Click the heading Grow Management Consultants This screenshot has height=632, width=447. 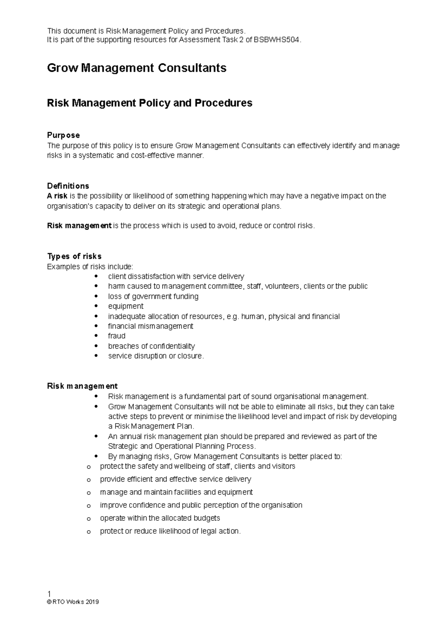click(x=137, y=68)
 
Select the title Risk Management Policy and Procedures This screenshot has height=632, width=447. click(x=149, y=103)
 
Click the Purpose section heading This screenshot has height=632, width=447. click(x=63, y=135)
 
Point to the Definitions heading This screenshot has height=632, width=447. click(x=68, y=186)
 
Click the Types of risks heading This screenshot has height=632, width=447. click(x=74, y=256)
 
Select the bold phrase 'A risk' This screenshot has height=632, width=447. click(x=57, y=196)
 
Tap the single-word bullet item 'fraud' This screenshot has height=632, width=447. click(x=117, y=336)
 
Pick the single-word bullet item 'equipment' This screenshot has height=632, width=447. click(x=126, y=306)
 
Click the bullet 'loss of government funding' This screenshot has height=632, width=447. click(x=153, y=297)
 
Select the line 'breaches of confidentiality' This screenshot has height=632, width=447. click(x=151, y=346)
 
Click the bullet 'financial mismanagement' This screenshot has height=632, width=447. click(x=150, y=326)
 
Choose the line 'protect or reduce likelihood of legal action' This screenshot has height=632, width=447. click(x=170, y=531)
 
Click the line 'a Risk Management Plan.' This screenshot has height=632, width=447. click(x=151, y=427)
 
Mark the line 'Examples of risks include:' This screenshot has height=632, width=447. click(x=90, y=266)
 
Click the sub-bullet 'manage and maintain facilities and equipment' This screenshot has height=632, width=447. click(x=176, y=492)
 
